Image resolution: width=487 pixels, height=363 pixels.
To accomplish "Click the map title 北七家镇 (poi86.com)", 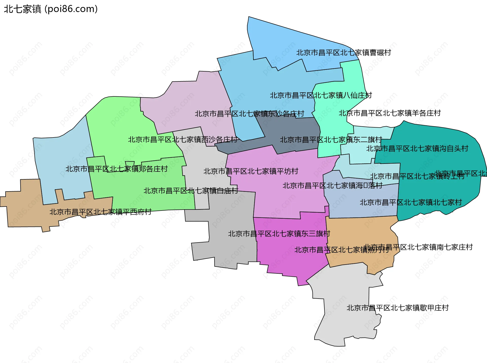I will (x=51, y=9).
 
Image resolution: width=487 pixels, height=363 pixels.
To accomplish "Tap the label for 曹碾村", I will (x=344, y=53).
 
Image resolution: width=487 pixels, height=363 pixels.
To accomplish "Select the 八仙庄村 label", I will (x=321, y=95).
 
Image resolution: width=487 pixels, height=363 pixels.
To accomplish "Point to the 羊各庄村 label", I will (x=390, y=113).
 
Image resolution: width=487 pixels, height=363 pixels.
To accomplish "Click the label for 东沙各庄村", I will (x=250, y=114).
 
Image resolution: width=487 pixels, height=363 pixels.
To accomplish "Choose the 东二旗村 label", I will (x=331, y=140).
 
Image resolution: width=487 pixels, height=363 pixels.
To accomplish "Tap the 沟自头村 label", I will (x=417, y=149).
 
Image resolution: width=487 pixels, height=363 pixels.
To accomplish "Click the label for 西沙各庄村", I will (x=183, y=140).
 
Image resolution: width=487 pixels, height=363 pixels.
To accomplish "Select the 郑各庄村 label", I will (x=117, y=169).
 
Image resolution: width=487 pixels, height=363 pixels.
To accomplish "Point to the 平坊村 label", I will (x=251, y=171).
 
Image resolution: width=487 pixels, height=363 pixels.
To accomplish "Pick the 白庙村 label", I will (x=191, y=191).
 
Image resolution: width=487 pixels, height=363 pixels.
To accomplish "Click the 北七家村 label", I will (x=411, y=202).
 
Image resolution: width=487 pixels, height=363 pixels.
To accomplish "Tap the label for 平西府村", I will (x=100, y=212).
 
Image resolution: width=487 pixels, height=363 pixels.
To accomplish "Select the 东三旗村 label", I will (x=279, y=234).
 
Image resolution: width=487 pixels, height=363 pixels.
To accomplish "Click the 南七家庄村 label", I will (x=419, y=247).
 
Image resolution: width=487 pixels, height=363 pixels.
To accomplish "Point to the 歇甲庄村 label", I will (x=398, y=308).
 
